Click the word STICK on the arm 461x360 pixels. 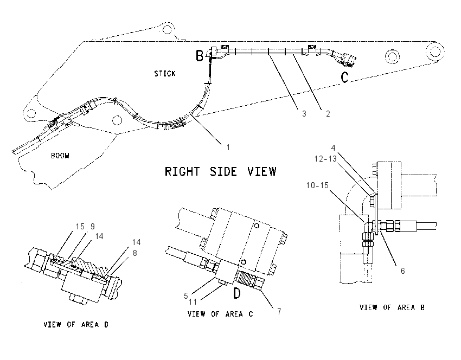pyautogui.click(x=165, y=74)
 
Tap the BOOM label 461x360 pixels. pyautogui.click(x=60, y=156)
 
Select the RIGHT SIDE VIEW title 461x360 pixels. pyautogui.click(x=221, y=171)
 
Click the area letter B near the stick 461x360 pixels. pyautogui.click(x=200, y=55)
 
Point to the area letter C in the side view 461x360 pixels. pyautogui.click(x=344, y=78)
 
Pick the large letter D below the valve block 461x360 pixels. pyautogui.click(x=237, y=293)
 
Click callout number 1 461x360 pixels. pyautogui.click(x=228, y=147)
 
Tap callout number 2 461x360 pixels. pyautogui.click(x=328, y=114)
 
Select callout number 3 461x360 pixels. pyautogui.click(x=304, y=114)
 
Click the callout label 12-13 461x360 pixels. pyautogui.click(x=325, y=159)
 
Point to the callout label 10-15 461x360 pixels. pyautogui.click(x=317, y=185)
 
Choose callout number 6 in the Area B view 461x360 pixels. pyautogui.click(x=403, y=271)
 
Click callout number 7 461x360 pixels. pyautogui.click(x=279, y=311)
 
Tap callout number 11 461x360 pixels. pyautogui.click(x=193, y=302)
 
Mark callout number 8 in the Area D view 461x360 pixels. pyautogui.click(x=135, y=253)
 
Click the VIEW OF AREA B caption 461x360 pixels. pyautogui.click(x=392, y=308)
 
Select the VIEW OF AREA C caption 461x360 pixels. pyautogui.click(x=220, y=314)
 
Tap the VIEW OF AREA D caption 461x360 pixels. pyautogui.click(x=76, y=325)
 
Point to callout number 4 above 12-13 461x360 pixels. pyautogui.click(x=333, y=148)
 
